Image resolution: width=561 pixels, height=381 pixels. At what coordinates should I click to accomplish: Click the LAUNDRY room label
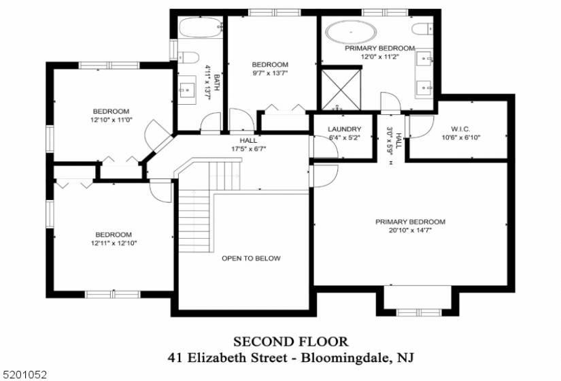(345, 129)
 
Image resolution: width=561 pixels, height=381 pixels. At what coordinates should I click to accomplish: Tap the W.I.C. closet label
(460, 129)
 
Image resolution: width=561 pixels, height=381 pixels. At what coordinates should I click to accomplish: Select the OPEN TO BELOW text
(251, 259)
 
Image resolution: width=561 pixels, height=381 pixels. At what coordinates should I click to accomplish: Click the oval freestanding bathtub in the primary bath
(351, 32)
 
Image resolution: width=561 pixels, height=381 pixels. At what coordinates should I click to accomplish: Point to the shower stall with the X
(341, 90)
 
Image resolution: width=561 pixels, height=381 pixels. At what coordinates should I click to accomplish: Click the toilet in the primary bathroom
(422, 29)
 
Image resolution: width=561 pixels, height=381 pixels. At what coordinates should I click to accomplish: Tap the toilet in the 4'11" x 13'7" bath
(188, 57)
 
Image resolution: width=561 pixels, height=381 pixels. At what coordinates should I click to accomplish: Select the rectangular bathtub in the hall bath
(201, 27)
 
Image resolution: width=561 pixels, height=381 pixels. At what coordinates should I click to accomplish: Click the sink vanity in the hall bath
(187, 90)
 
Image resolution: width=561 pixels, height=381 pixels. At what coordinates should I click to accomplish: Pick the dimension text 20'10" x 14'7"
(410, 231)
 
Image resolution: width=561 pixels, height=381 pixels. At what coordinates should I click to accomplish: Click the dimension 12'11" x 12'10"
(114, 244)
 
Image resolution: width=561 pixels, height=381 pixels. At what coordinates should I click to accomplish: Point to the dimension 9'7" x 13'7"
(270, 73)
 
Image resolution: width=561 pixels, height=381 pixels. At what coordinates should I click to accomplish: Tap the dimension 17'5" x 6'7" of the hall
(248, 148)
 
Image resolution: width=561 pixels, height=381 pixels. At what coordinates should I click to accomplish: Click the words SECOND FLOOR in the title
(290, 342)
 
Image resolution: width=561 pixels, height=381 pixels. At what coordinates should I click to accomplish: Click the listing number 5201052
(24, 375)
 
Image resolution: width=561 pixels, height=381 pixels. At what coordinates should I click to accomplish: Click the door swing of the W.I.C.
(421, 127)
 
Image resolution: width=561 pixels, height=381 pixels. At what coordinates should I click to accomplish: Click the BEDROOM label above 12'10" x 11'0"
(111, 112)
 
